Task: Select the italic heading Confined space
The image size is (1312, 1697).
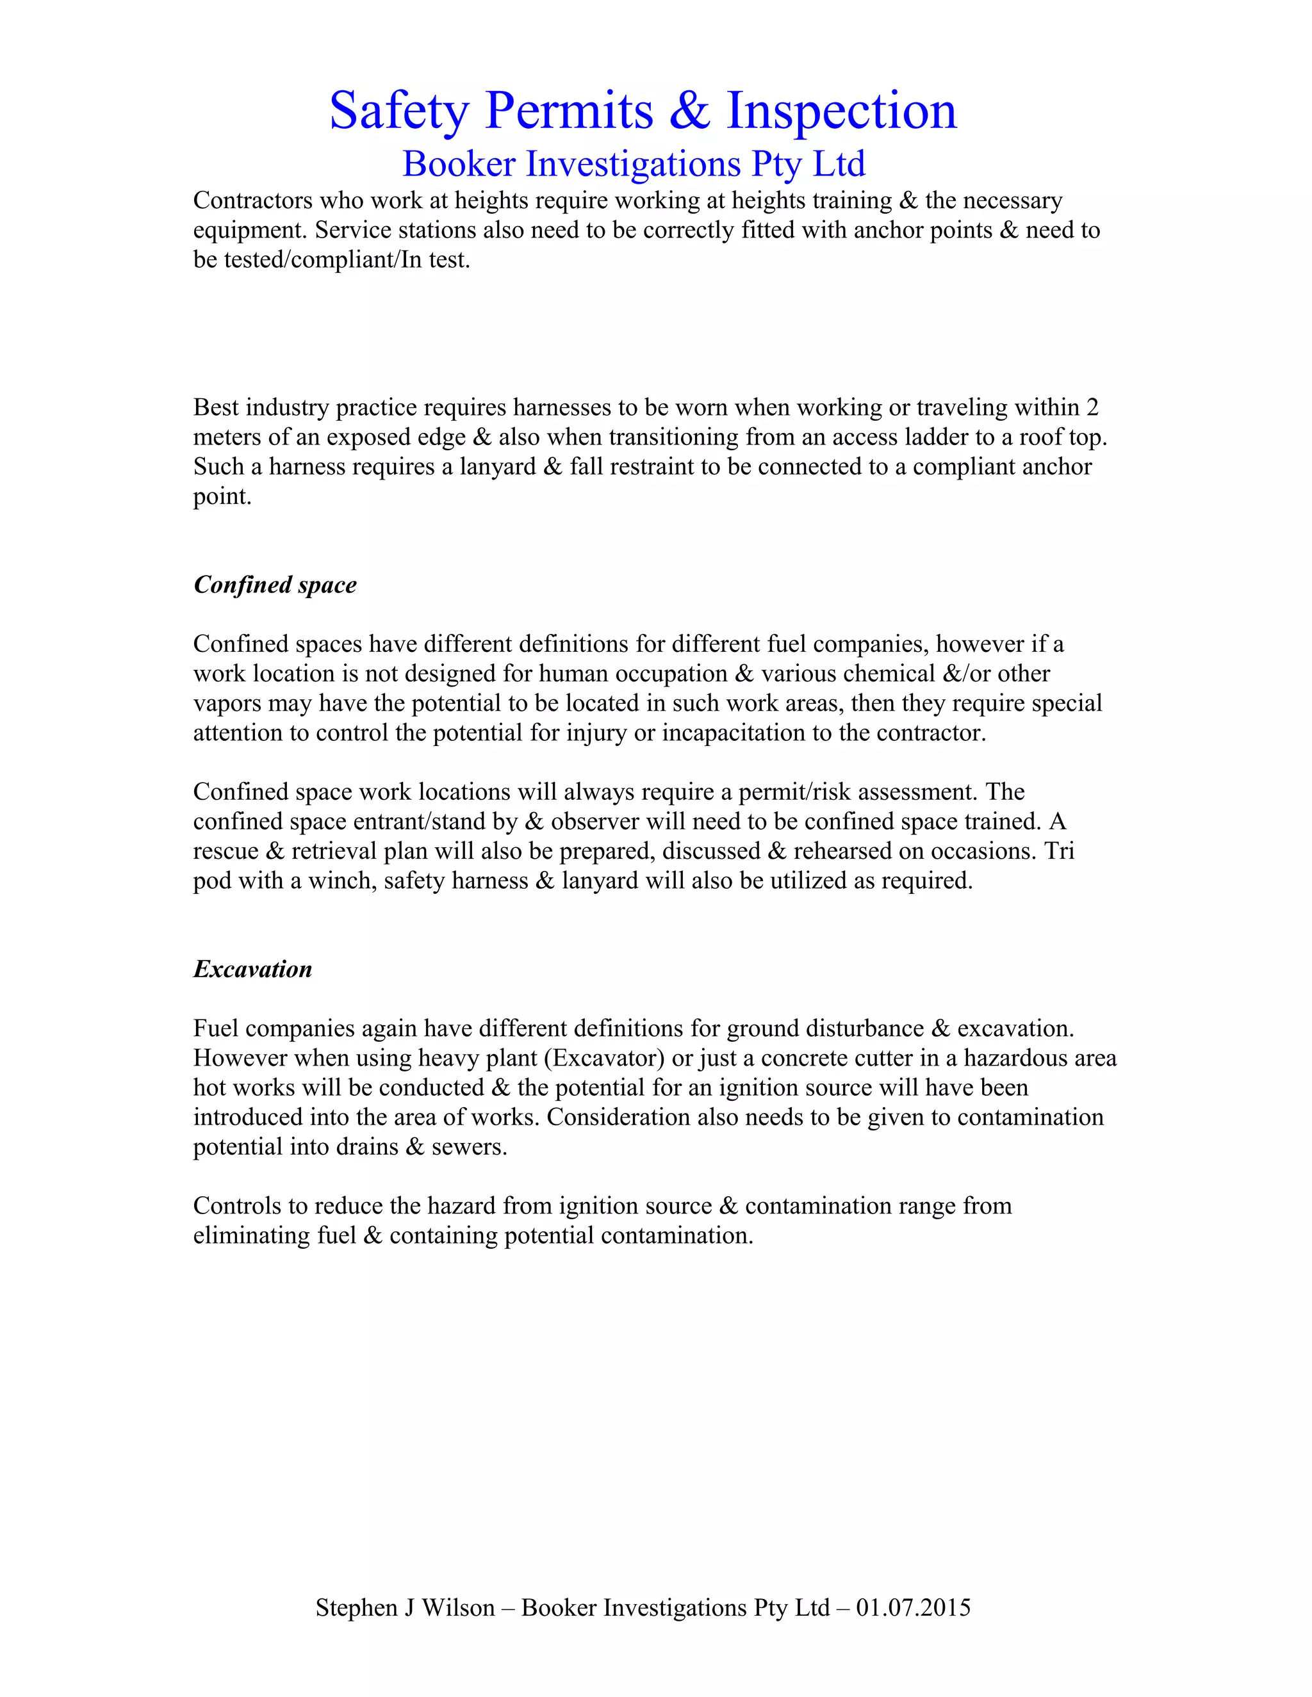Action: point(274,584)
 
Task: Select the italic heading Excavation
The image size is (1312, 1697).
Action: point(252,969)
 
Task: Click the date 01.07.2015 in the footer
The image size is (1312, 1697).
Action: point(914,1607)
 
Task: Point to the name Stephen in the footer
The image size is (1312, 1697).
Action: point(357,1607)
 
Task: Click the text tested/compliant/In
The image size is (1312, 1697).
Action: point(322,259)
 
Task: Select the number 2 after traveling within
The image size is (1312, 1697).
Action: point(1092,407)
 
